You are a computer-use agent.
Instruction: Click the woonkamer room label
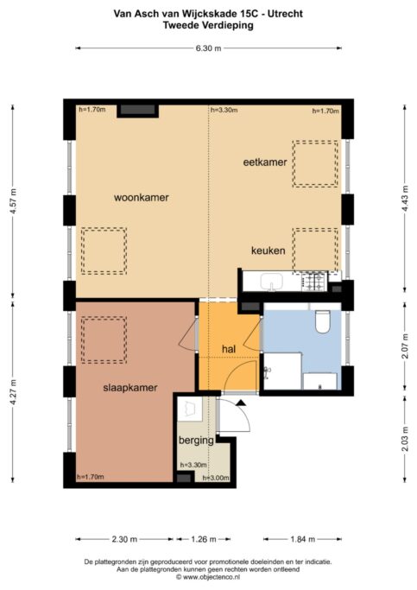(x=142, y=198)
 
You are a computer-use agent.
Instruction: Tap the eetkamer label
(x=265, y=162)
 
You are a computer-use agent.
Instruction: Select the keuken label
(x=269, y=251)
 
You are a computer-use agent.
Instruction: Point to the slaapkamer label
(x=130, y=388)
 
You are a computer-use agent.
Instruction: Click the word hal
(x=229, y=349)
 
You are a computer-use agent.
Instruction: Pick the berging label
(x=196, y=441)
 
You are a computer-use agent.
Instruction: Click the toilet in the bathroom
(x=322, y=321)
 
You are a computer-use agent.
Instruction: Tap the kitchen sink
(x=271, y=282)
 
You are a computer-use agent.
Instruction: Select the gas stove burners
(x=313, y=282)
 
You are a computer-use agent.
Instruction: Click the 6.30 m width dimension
(x=208, y=48)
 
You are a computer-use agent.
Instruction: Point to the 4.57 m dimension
(x=13, y=201)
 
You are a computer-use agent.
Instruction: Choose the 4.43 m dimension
(x=405, y=199)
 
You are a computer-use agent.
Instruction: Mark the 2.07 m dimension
(x=405, y=346)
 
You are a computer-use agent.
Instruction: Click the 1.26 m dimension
(x=204, y=539)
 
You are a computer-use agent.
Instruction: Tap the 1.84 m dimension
(x=303, y=539)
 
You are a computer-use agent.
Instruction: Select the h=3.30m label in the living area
(x=224, y=111)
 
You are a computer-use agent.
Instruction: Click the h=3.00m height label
(x=216, y=478)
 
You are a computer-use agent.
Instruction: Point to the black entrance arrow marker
(x=241, y=403)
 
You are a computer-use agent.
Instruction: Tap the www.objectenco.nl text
(x=208, y=577)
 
